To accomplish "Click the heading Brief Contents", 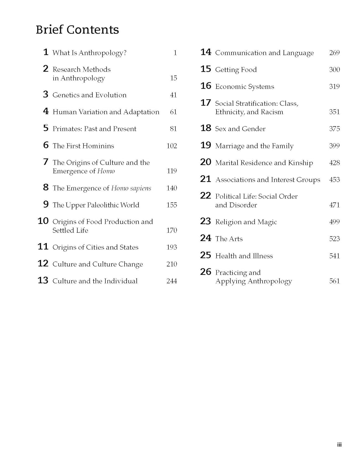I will pyautogui.click(x=77, y=30).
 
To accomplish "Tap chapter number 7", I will pyautogui.click(x=46, y=162).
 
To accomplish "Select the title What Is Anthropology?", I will pyautogui.click(x=89, y=53).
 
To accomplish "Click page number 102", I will pyautogui.click(x=171, y=146).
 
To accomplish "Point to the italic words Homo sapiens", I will pyautogui.click(x=131, y=188).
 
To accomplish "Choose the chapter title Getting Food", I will pyautogui.click(x=236, y=70).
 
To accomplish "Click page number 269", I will pyautogui.click(x=334, y=53).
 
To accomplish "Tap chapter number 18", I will pyautogui.click(x=206, y=128).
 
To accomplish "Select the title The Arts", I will pyautogui.click(x=229, y=239).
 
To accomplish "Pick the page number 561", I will pyautogui.click(x=334, y=281).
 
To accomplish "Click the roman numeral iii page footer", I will pyautogui.click(x=339, y=445).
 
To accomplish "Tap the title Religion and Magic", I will pyautogui.click(x=246, y=222).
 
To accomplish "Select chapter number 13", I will pyautogui.click(x=43, y=280).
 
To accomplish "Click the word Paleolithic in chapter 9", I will pyautogui.click(x=104, y=205).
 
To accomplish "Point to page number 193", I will pyautogui.click(x=171, y=247).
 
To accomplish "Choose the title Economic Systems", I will pyautogui.click(x=245, y=87).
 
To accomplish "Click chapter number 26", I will pyautogui.click(x=206, y=272).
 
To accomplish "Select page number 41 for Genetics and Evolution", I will pyautogui.click(x=173, y=95).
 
